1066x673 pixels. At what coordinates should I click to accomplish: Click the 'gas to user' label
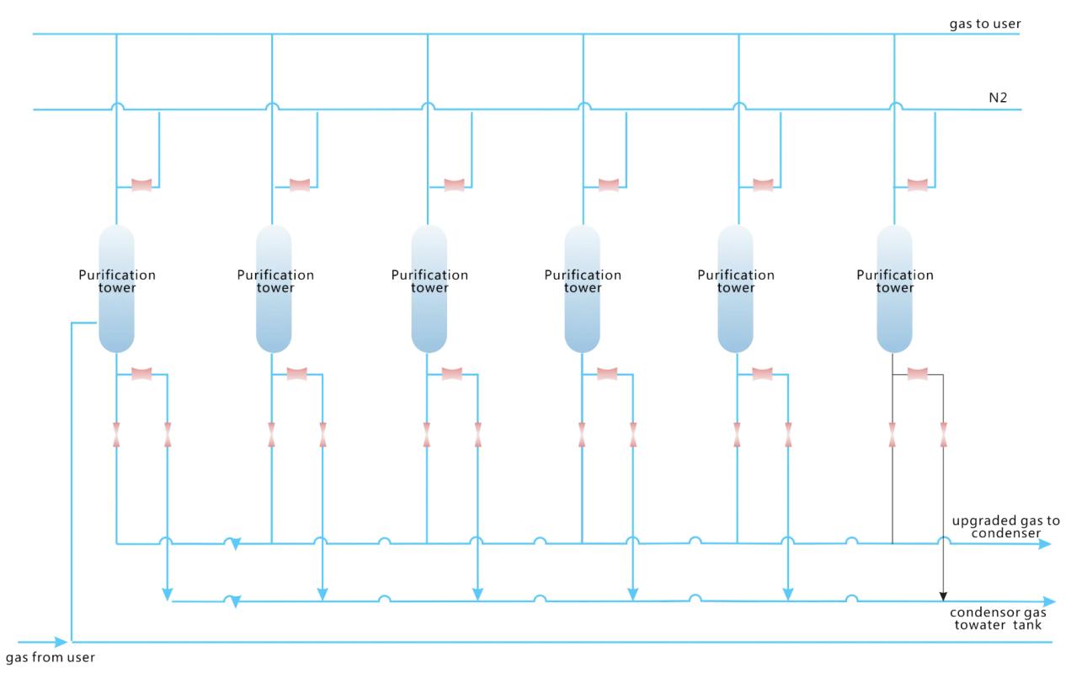click(x=985, y=24)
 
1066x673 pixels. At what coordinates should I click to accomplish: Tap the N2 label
click(x=999, y=99)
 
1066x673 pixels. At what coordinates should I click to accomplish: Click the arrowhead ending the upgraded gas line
click(x=1044, y=544)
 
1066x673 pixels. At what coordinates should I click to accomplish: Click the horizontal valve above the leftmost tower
click(x=141, y=185)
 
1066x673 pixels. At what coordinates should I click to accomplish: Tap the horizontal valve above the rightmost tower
click(x=919, y=185)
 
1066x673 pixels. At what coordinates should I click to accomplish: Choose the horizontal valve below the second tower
click(x=296, y=373)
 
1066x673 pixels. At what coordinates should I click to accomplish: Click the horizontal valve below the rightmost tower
click(x=918, y=373)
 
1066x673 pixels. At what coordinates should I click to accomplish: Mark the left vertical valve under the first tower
click(x=116, y=435)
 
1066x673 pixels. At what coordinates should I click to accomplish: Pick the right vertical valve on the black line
click(x=943, y=435)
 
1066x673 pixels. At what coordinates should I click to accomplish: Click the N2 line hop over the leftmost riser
click(x=116, y=106)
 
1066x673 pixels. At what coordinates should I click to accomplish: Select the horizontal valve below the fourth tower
click(x=606, y=373)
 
